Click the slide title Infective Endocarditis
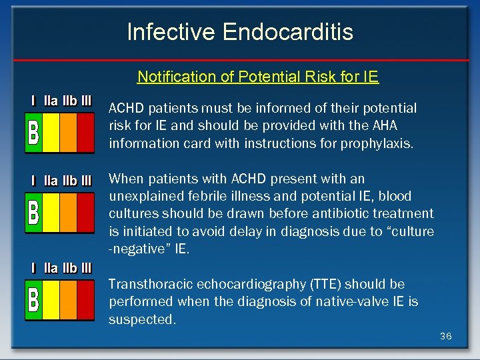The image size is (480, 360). coord(240,31)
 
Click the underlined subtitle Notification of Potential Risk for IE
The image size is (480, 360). coord(258,77)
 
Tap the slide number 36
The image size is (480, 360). coord(445,336)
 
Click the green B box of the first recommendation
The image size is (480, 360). coord(33,132)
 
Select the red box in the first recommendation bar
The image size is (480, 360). coord(85,132)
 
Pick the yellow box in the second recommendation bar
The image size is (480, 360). coord(51,212)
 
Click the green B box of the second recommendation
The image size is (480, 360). coord(33,212)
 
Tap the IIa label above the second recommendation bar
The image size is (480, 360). coord(51,180)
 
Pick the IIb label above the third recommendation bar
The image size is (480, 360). coord(69,268)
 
